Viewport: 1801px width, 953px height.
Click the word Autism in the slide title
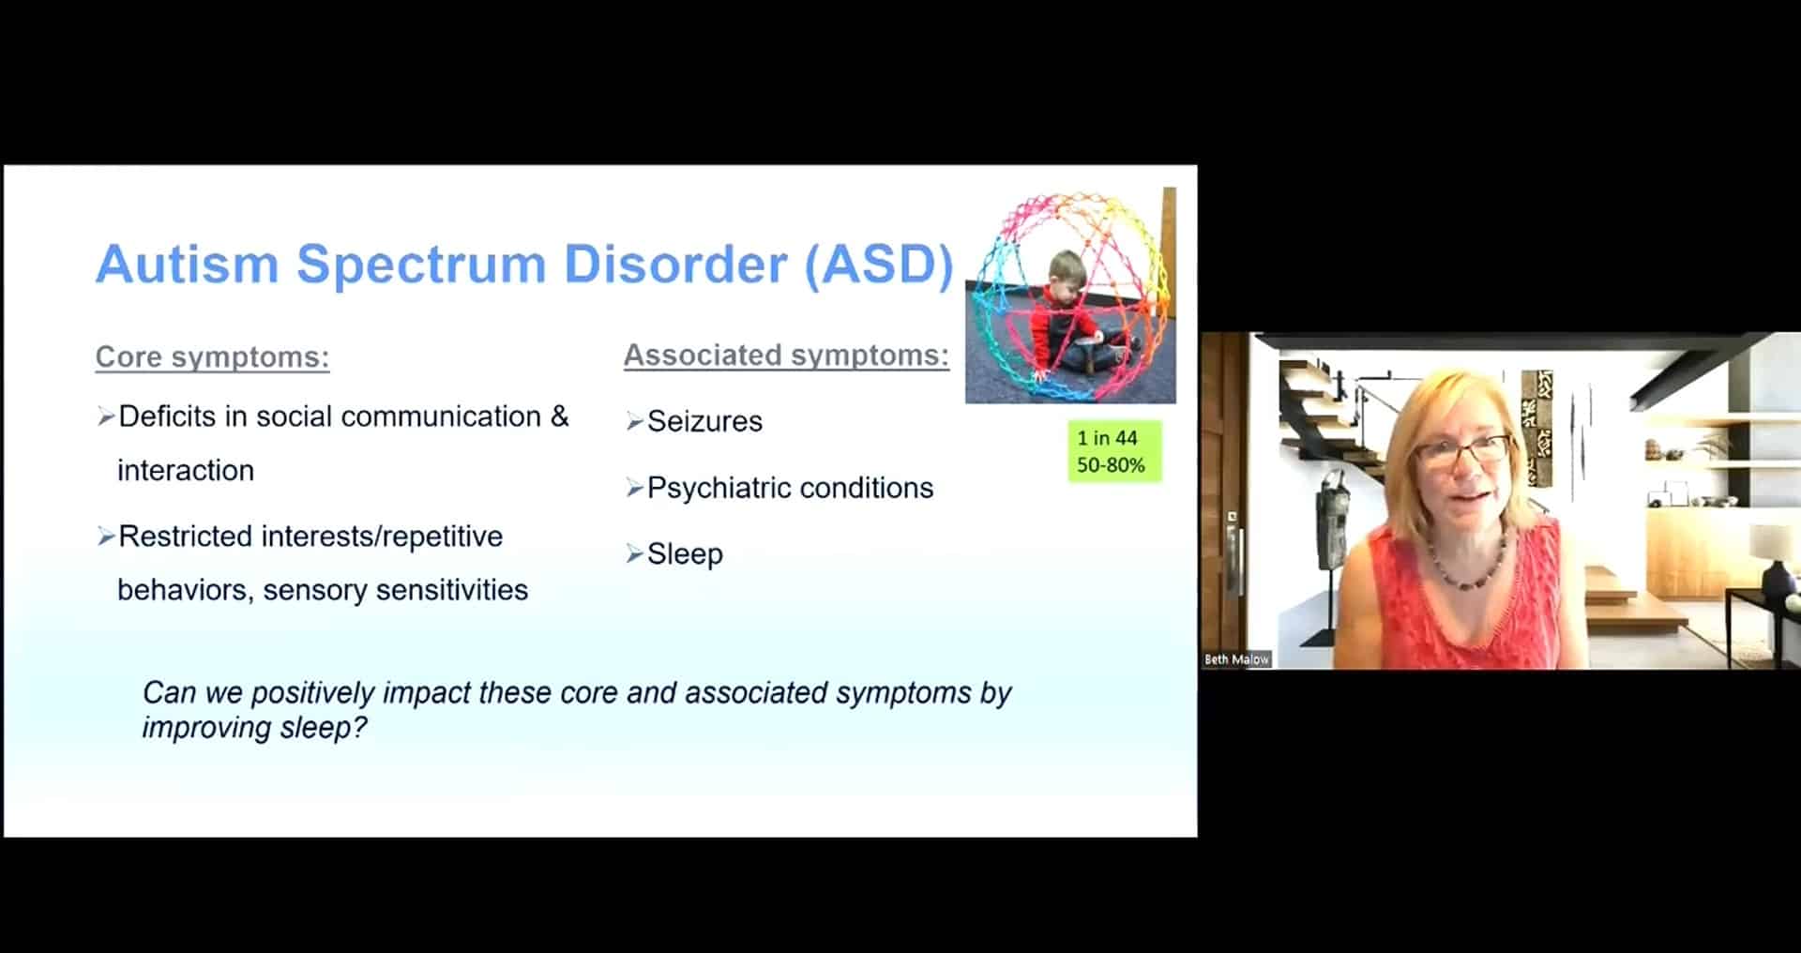(x=187, y=264)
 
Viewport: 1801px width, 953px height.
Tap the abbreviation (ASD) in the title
(x=879, y=265)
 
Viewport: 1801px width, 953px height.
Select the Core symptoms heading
(x=212, y=357)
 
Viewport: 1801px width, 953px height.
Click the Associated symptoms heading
(x=786, y=355)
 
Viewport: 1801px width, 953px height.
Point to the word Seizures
(x=704, y=421)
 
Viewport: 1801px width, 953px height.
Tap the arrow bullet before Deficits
(x=106, y=416)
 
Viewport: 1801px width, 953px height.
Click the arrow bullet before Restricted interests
(x=106, y=537)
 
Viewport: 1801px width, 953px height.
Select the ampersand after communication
(x=560, y=416)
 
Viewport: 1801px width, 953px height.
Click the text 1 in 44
(x=1107, y=438)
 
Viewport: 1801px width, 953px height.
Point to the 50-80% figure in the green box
(x=1111, y=465)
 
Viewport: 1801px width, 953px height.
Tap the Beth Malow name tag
(x=1236, y=659)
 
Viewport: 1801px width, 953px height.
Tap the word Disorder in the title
(x=675, y=264)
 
